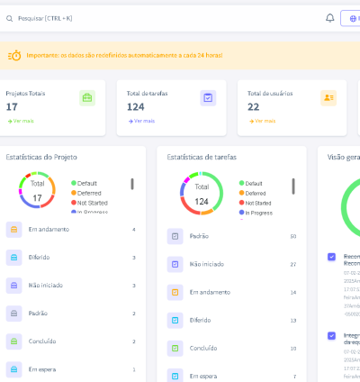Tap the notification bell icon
tap(329, 17)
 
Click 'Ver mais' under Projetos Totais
tap(21, 121)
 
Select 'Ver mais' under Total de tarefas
tap(141, 121)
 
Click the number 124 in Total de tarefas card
tap(136, 106)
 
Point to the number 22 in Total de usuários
tap(254, 106)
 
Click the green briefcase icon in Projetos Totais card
tap(87, 98)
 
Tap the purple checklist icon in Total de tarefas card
tap(208, 98)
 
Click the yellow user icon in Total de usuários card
tap(328, 98)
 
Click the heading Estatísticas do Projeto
tap(41, 157)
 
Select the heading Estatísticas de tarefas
tap(202, 157)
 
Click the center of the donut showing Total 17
tap(37, 193)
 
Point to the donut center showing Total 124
tap(202, 195)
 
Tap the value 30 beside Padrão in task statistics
tap(292, 236)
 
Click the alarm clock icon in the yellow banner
tap(14, 56)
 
